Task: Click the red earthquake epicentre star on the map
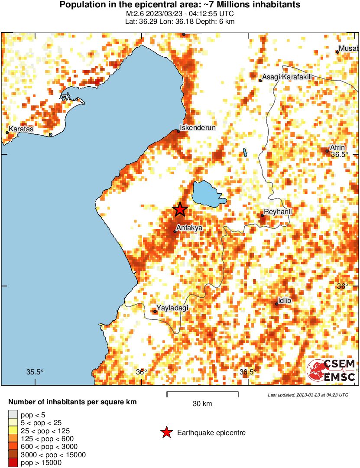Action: click(180, 209)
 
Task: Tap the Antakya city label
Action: click(189, 227)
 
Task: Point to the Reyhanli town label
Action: click(278, 211)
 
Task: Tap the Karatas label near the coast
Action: click(21, 129)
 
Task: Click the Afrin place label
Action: click(337, 147)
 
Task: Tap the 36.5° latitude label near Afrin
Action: click(339, 154)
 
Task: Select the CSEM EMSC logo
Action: click(331, 370)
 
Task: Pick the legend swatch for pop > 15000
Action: click(13, 462)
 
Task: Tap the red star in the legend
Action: click(165, 432)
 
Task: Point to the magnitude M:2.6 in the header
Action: click(134, 13)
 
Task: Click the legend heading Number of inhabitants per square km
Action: click(72, 402)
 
